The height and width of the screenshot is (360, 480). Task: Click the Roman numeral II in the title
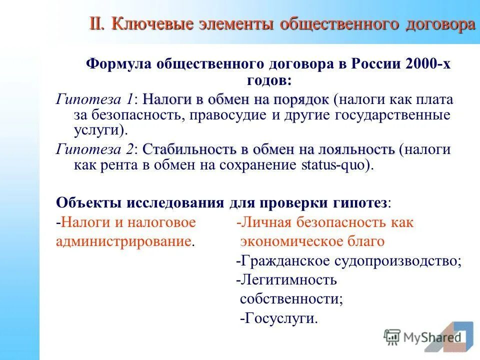pos(97,23)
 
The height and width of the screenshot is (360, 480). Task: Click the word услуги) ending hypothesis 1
pos(100,131)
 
